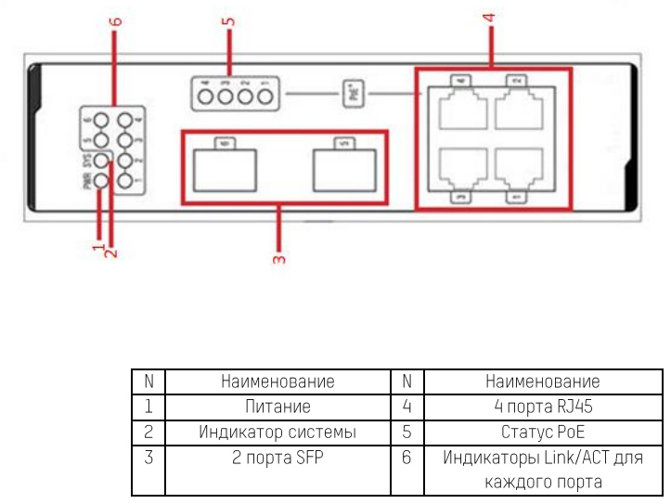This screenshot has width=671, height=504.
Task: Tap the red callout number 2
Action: [x=111, y=249]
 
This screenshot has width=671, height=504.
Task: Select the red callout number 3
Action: [x=277, y=258]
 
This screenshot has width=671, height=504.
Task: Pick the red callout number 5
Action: [x=228, y=19]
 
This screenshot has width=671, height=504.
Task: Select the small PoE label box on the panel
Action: [x=357, y=95]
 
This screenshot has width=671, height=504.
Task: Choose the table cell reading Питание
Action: [x=277, y=407]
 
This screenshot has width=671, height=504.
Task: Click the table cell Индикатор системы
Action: [x=277, y=433]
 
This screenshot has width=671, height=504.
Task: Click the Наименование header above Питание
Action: [x=277, y=381]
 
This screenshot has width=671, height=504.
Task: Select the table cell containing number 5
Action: [x=406, y=433]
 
